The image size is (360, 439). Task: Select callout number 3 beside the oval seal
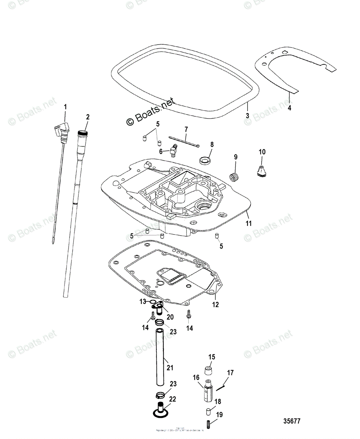pyautogui.click(x=248, y=115)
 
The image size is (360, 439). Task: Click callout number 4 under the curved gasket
pyautogui.click(x=290, y=108)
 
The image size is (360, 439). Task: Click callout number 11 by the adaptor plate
pyautogui.click(x=249, y=223)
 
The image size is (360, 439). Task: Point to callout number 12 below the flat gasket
pyautogui.click(x=215, y=304)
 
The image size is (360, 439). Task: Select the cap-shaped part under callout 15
pyautogui.click(x=208, y=371)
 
